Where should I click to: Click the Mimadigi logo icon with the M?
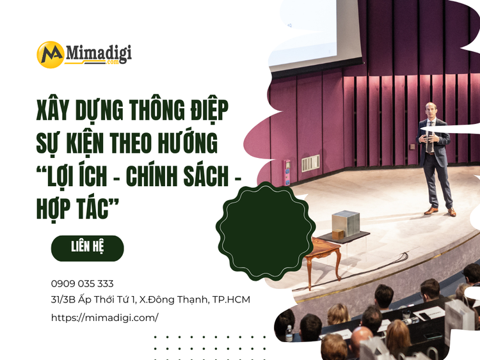coord(50,54)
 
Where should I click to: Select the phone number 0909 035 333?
coord(82,283)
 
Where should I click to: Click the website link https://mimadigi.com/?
coord(104,317)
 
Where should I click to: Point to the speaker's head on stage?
coord(431,109)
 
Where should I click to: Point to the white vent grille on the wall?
coord(311,163)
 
